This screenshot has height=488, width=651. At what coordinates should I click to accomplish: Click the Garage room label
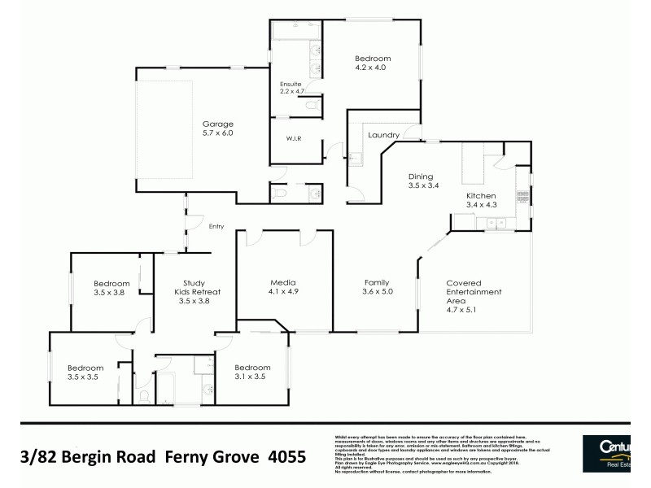pyautogui.click(x=217, y=124)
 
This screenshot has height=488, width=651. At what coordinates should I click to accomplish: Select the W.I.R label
pyautogui.click(x=293, y=139)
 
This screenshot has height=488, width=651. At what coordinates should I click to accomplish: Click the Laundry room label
pyautogui.click(x=382, y=135)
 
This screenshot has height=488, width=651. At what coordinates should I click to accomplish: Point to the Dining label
pyautogui.click(x=421, y=176)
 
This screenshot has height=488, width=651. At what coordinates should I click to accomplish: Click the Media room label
pyautogui.click(x=282, y=282)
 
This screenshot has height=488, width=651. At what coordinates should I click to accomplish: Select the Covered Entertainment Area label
pyautogui.click(x=474, y=292)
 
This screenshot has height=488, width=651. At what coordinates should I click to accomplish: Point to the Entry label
pyautogui.click(x=216, y=227)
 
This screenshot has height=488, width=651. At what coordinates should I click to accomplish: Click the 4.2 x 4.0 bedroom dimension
pyautogui.click(x=373, y=68)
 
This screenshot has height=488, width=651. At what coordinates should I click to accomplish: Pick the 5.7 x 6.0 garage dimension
pyautogui.click(x=217, y=133)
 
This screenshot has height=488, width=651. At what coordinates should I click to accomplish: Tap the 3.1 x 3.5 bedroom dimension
pyautogui.click(x=251, y=377)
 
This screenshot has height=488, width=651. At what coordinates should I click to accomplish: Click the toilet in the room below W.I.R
pyautogui.click(x=281, y=194)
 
